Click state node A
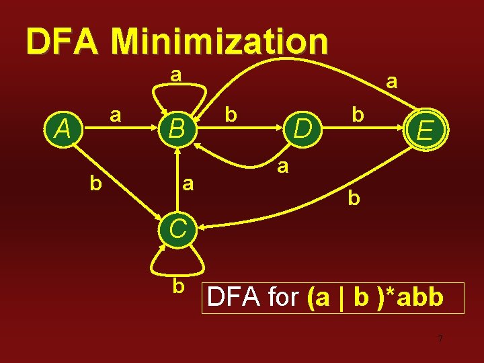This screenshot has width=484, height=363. [64, 128]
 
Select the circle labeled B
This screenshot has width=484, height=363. [177, 128]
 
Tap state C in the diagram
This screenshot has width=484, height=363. [177, 229]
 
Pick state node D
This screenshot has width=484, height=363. [303, 128]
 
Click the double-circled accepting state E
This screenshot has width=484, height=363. [424, 128]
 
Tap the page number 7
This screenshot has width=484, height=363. [440, 339]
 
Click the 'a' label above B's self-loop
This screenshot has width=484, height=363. [175, 73]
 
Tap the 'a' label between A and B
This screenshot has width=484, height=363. [116, 115]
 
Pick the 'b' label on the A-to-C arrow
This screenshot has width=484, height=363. [96, 182]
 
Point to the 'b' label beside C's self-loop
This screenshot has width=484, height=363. [178, 286]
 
